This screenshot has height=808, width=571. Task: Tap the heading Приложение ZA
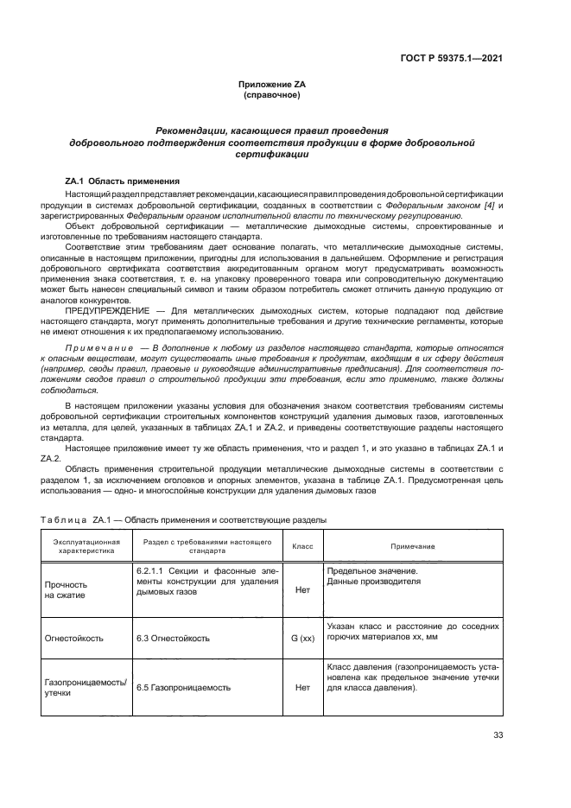(272, 84)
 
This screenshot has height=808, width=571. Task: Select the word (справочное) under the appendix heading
(272, 94)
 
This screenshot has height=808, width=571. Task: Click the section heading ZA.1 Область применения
(122, 181)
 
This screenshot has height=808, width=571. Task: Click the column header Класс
(302, 546)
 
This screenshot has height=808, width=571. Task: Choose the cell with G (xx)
(302, 639)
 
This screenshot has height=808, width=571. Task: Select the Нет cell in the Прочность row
(302, 589)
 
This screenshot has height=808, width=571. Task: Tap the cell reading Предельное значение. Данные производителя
(372, 576)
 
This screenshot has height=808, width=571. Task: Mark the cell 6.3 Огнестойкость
(171, 639)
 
